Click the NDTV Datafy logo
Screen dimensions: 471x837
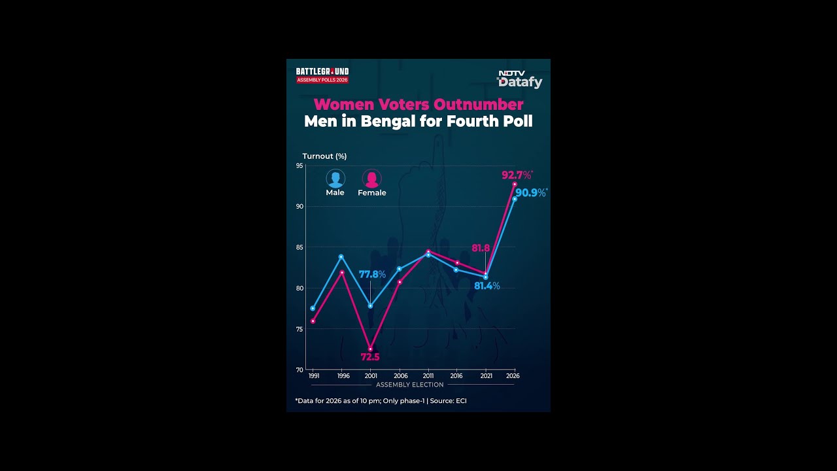[x=520, y=79]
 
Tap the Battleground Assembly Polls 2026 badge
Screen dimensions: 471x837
[x=322, y=75]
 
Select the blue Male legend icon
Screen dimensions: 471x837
[x=335, y=178]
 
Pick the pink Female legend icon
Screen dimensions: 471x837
[x=371, y=178]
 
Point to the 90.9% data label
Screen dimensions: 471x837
[x=531, y=193]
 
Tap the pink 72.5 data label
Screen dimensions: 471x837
[x=370, y=357]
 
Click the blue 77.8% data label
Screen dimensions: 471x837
[x=372, y=274]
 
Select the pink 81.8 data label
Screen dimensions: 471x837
[x=481, y=248]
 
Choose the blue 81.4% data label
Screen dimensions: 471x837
[x=487, y=286]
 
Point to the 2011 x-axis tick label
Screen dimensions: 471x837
[x=428, y=376]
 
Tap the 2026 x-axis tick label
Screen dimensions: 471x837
[x=513, y=376]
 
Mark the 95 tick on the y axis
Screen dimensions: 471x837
[x=299, y=166]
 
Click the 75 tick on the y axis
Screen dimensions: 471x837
[x=299, y=329]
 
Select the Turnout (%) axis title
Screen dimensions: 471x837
[x=324, y=156]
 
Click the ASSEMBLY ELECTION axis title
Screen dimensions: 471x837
[x=410, y=385]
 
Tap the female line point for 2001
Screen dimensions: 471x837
[x=370, y=349]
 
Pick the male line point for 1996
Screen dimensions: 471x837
[x=341, y=256]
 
